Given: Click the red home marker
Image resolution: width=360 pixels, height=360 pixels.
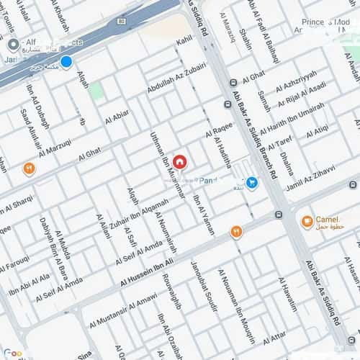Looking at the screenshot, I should [x=180, y=162].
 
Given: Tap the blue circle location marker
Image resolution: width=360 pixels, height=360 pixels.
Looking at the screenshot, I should [x=66, y=63].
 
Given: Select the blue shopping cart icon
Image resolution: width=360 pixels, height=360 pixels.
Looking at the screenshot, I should [x=251, y=183].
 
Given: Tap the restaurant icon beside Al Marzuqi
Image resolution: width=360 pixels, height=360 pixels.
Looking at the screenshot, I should [x=30, y=169].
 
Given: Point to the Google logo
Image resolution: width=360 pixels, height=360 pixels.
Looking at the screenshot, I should [x=12, y=354].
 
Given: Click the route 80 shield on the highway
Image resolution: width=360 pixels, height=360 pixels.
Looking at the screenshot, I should [x=120, y=22].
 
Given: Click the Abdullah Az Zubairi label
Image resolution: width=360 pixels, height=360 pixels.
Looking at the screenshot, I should [x=176, y=80].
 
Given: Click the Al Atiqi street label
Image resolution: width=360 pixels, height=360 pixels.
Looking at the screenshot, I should [x=318, y=132].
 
